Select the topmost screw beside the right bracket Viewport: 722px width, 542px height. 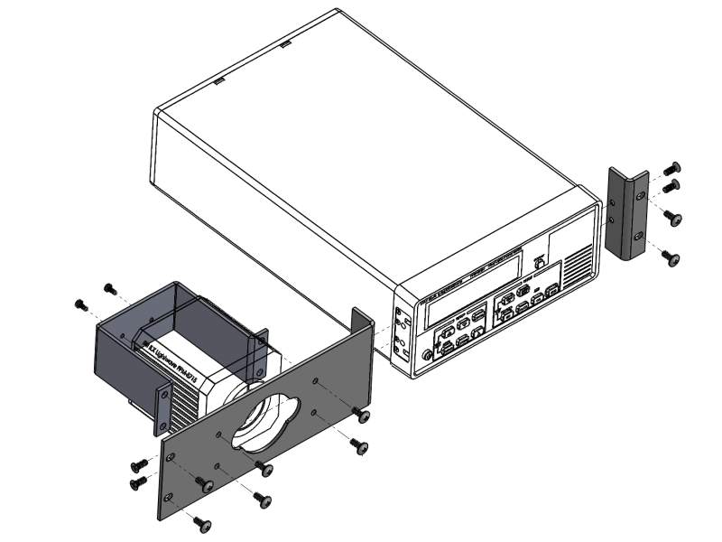(671, 168)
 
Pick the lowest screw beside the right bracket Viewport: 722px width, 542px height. (671, 257)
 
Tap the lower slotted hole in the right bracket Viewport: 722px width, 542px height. (640, 236)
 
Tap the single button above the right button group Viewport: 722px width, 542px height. (539, 262)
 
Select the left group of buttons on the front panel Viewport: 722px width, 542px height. (460, 332)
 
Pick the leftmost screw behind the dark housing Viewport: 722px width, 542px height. (79, 304)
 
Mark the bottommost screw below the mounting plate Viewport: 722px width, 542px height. (203, 523)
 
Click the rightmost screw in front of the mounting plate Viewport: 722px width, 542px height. (362, 416)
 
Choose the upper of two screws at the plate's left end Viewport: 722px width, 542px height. (141, 463)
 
